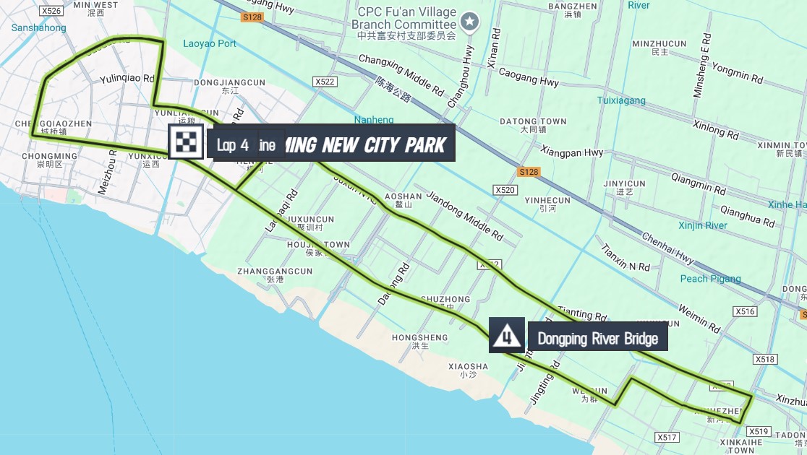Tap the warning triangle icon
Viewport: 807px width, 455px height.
507,335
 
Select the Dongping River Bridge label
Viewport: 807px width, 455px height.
597,339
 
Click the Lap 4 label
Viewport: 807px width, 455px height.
233,145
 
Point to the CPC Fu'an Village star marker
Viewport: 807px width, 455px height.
470,22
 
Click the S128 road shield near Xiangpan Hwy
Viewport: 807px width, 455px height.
529,171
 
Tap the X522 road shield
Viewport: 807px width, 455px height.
325,82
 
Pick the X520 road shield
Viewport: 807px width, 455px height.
505,190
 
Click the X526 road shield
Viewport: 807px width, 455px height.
51,11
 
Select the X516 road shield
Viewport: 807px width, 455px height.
744,311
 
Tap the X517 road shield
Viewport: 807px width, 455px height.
667,437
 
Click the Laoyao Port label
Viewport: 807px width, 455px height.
210,43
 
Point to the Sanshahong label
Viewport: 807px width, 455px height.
39,28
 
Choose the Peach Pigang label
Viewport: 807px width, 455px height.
710,279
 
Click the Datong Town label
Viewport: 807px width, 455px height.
533,121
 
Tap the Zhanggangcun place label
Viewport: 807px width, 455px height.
275,272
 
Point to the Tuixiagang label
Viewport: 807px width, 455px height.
621,100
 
